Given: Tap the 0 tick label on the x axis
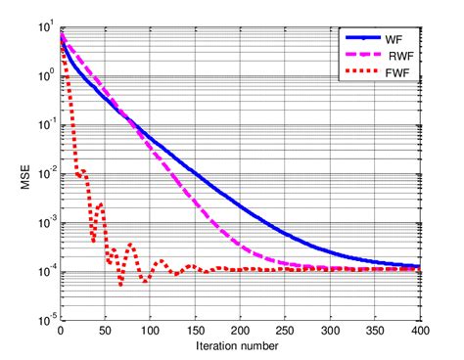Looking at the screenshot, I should [x=61, y=330].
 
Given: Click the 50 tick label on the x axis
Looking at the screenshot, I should [x=106, y=330].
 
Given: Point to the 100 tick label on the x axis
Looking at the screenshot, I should [x=150, y=330].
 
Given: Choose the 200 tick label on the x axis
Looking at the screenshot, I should [x=240, y=330].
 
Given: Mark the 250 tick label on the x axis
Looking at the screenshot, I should [x=285, y=330].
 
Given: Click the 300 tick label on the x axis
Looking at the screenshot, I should [x=330, y=330].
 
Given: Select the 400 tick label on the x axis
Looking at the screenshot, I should [x=419, y=330].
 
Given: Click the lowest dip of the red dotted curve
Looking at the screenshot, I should [x=121, y=285].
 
